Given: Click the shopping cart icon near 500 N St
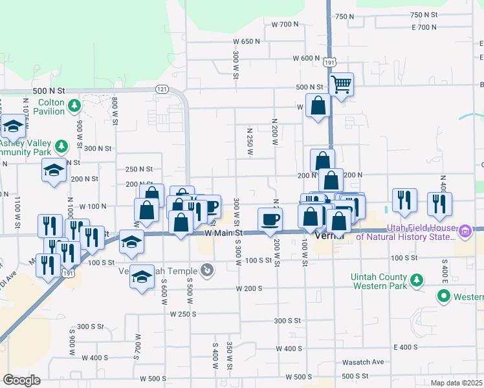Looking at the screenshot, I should click(x=341, y=83).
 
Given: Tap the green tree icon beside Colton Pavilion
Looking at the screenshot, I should click(x=75, y=105).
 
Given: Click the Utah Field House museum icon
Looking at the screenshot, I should click(x=464, y=231).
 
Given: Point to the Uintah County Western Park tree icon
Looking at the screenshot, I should click(x=418, y=280).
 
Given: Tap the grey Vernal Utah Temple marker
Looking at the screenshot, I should click(x=206, y=269).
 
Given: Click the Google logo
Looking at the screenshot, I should click(x=21, y=380).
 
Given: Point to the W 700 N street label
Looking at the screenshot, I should click(x=285, y=25).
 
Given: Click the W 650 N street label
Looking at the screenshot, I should click(x=247, y=41).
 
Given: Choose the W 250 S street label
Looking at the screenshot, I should click(x=183, y=314).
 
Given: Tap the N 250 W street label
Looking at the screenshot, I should click(x=249, y=141).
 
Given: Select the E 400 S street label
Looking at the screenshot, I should click(x=405, y=347).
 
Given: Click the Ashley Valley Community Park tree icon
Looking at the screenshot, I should click(x=61, y=146).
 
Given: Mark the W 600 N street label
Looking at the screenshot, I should click(x=306, y=58).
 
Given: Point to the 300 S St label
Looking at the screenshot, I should click(x=288, y=321).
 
